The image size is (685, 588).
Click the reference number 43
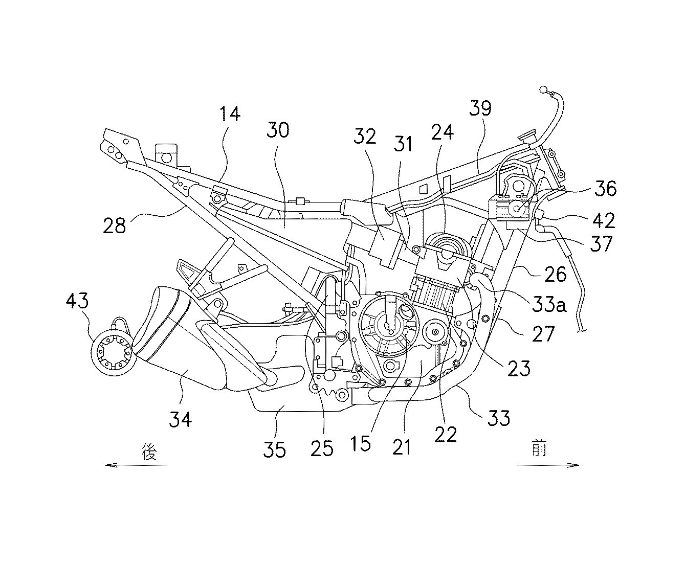click(77, 301)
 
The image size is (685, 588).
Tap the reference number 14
click(230, 115)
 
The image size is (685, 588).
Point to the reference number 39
click(479, 109)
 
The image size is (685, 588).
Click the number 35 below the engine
click(275, 449)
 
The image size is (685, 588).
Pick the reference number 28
click(114, 224)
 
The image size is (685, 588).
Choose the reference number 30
click(278, 130)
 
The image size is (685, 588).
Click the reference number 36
click(604, 189)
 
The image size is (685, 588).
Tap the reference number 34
click(181, 420)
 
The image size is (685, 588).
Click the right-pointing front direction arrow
click(548, 465)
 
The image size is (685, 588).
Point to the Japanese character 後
click(149, 451)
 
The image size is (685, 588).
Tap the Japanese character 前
click(538, 450)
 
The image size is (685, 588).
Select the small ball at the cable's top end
click(542, 91)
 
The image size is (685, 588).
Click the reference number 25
click(322, 448)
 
